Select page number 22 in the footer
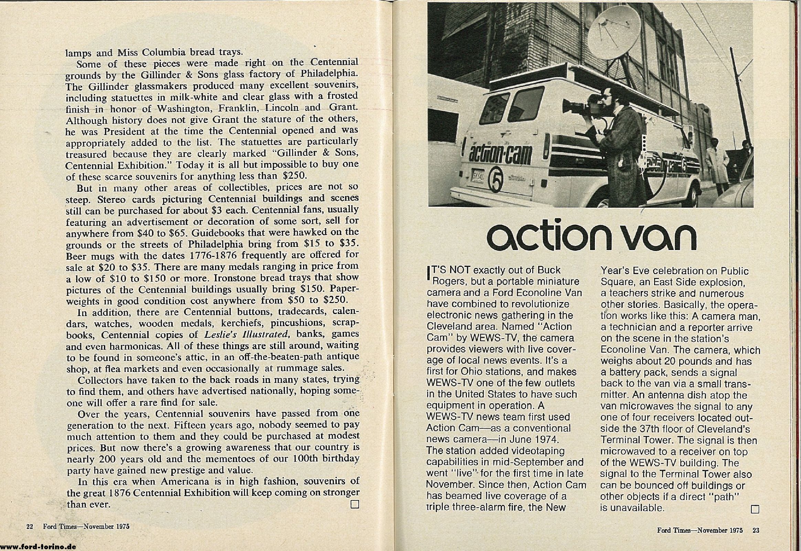point(29,527)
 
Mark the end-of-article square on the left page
point(354,505)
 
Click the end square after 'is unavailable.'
point(755,509)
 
